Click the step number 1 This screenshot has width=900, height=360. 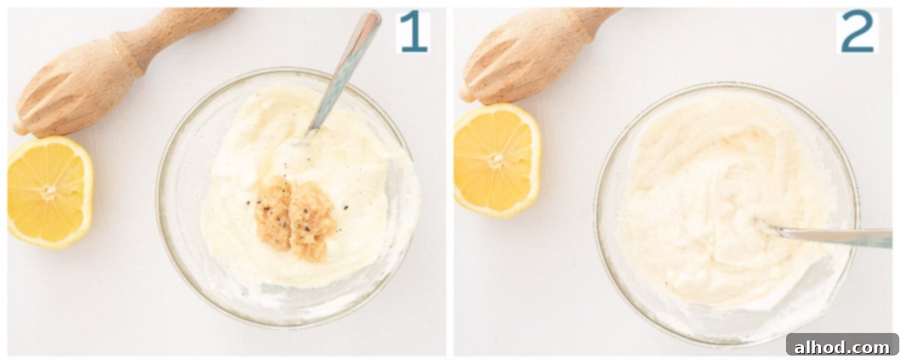414,31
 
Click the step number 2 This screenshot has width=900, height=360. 857,31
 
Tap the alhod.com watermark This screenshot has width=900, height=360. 842,346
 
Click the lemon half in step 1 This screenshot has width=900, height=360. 50,192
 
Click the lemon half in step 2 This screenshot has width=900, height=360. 497,160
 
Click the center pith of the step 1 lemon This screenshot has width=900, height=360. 49,192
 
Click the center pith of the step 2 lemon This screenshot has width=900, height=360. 495,160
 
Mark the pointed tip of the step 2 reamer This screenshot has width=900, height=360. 465,97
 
